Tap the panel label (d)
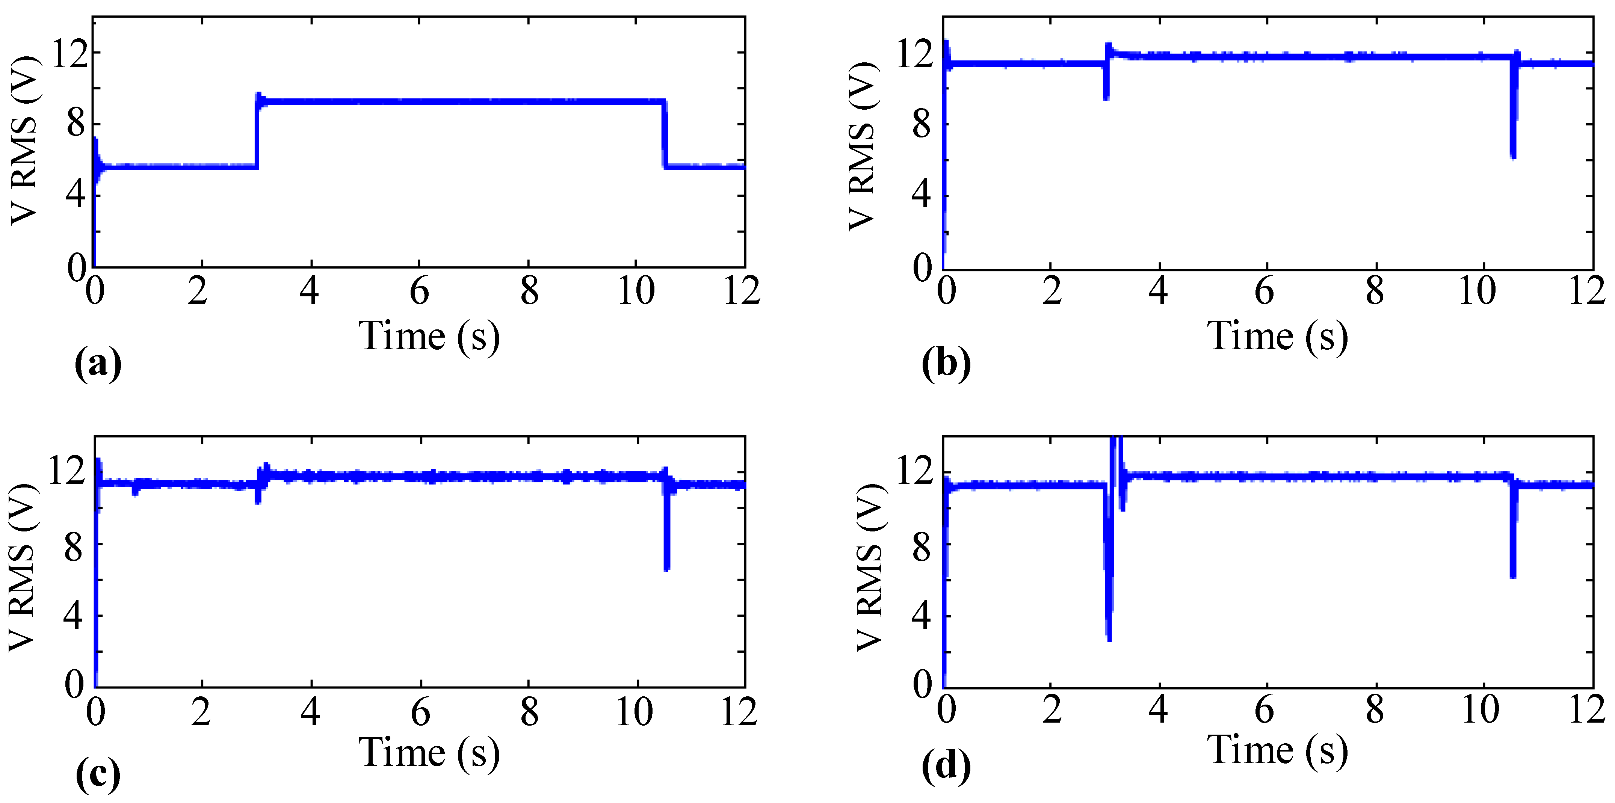pyautogui.click(x=946, y=766)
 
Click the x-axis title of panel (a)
pyautogui.click(x=429, y=337)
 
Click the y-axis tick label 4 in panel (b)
pyautogui.click(x=921, y=196)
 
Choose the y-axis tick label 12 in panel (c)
pyautogui.click(x=66, y=471)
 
